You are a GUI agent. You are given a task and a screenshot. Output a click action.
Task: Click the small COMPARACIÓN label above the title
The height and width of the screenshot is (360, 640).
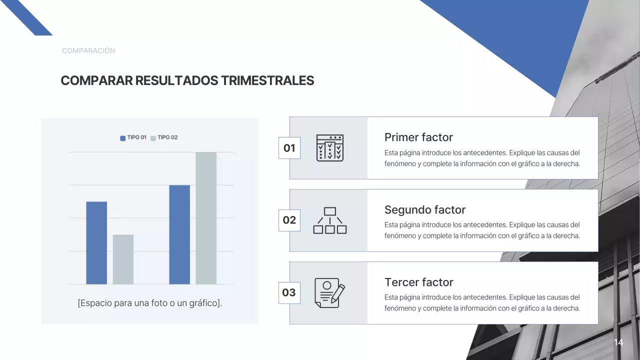click(88, 50)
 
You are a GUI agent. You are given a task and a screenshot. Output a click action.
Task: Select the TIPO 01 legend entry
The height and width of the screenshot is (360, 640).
click(133, 137)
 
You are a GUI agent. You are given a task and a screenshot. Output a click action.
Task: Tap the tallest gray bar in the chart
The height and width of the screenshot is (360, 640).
click(206, 218)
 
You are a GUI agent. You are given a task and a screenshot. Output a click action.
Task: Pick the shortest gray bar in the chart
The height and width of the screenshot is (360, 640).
click(123, 259)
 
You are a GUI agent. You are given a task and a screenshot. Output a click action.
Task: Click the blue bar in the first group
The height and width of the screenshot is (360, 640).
click(96, 243)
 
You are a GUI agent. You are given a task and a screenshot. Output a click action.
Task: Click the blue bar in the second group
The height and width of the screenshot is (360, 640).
click(179, 234)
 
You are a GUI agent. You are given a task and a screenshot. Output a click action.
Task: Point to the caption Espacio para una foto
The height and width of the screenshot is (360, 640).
click(149, 303)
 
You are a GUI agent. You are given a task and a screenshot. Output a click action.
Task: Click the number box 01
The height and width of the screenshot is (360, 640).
click(289, 148)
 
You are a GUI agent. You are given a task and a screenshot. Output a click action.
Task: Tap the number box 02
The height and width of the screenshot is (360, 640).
click(289, 220)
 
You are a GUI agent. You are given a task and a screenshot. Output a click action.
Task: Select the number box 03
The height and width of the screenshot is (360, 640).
click(289, 292)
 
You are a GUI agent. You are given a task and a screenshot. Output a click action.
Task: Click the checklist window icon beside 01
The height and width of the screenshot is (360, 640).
click(330, 148)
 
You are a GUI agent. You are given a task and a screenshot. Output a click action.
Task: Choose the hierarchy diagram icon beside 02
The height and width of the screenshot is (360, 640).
click(330, 220)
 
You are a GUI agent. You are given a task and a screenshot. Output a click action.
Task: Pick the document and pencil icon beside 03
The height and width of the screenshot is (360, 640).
click(329, 292)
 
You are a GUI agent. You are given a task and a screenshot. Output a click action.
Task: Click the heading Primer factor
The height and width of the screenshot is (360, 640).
click(418, 137)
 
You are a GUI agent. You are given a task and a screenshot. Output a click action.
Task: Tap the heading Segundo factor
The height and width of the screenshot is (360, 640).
click(424, 210)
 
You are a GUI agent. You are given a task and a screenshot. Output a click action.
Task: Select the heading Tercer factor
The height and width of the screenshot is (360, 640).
click(418, 282)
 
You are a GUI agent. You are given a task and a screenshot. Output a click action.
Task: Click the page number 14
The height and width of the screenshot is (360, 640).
click(618, 342)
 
